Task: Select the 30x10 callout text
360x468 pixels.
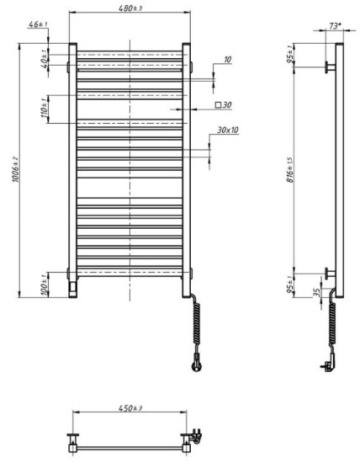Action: click(228, 130)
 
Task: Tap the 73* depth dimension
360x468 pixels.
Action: click(335, 27)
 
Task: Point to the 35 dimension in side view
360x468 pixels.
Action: click(315, 294)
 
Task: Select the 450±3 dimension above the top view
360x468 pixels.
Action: click(130, 408)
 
